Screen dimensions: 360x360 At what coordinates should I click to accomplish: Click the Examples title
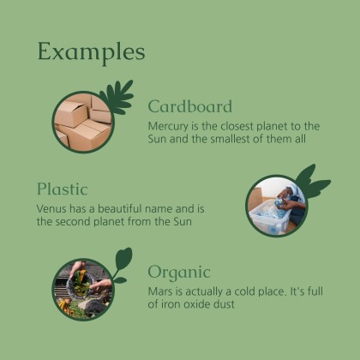(91, 51)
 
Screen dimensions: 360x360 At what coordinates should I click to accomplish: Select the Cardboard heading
(189, 106)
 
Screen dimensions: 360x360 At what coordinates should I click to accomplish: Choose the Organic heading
(178, 272)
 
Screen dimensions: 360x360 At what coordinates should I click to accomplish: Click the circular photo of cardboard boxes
(83, 121)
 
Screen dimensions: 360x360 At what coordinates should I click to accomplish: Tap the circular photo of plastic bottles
(276, 206)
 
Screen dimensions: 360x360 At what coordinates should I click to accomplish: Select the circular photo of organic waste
(82, 289)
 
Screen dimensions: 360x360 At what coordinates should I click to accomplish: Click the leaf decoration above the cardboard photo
(117, 96)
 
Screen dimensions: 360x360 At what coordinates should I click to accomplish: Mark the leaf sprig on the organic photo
(121, 263)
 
